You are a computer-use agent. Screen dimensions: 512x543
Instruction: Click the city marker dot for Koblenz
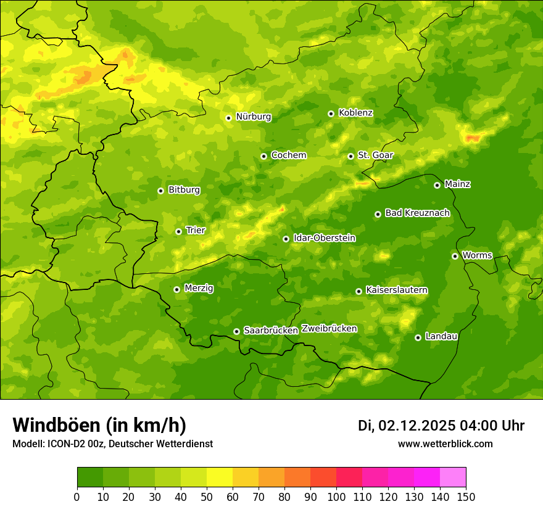pos(331,114)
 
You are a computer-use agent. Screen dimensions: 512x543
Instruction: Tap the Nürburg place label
pos(253,117)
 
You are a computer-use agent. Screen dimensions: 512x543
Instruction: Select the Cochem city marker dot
pos(263,156)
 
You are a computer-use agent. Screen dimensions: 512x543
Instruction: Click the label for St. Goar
pos(375,155)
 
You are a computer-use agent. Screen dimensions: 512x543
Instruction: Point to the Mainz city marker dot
pos(437,185)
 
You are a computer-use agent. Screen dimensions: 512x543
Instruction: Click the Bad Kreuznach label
pos(417,213)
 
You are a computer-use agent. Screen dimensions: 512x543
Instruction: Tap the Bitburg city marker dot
pos(160,191)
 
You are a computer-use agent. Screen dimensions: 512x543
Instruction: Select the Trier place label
pos(196,230)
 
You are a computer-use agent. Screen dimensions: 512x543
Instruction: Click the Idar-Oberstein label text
pos(324,237)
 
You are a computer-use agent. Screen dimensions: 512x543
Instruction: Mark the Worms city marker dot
pos(455,256)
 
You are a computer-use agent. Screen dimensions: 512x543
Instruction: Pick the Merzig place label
pos(199,288)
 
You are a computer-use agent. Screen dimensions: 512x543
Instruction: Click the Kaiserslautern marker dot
pos(359,291)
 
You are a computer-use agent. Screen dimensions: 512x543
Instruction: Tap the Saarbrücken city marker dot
pos(236,331)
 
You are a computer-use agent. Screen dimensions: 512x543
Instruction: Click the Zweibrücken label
pos(329,329)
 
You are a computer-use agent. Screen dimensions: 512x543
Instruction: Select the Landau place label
pos(441,336)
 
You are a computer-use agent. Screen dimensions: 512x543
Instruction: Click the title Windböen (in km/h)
pos(99,425)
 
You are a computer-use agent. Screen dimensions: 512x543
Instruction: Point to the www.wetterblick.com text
pos(445,444)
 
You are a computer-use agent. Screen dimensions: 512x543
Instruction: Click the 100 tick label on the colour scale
pos(336,497)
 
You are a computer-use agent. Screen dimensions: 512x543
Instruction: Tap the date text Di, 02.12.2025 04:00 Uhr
pos(441,426)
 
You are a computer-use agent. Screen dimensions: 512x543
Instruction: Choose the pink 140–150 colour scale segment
pos(453,477)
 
